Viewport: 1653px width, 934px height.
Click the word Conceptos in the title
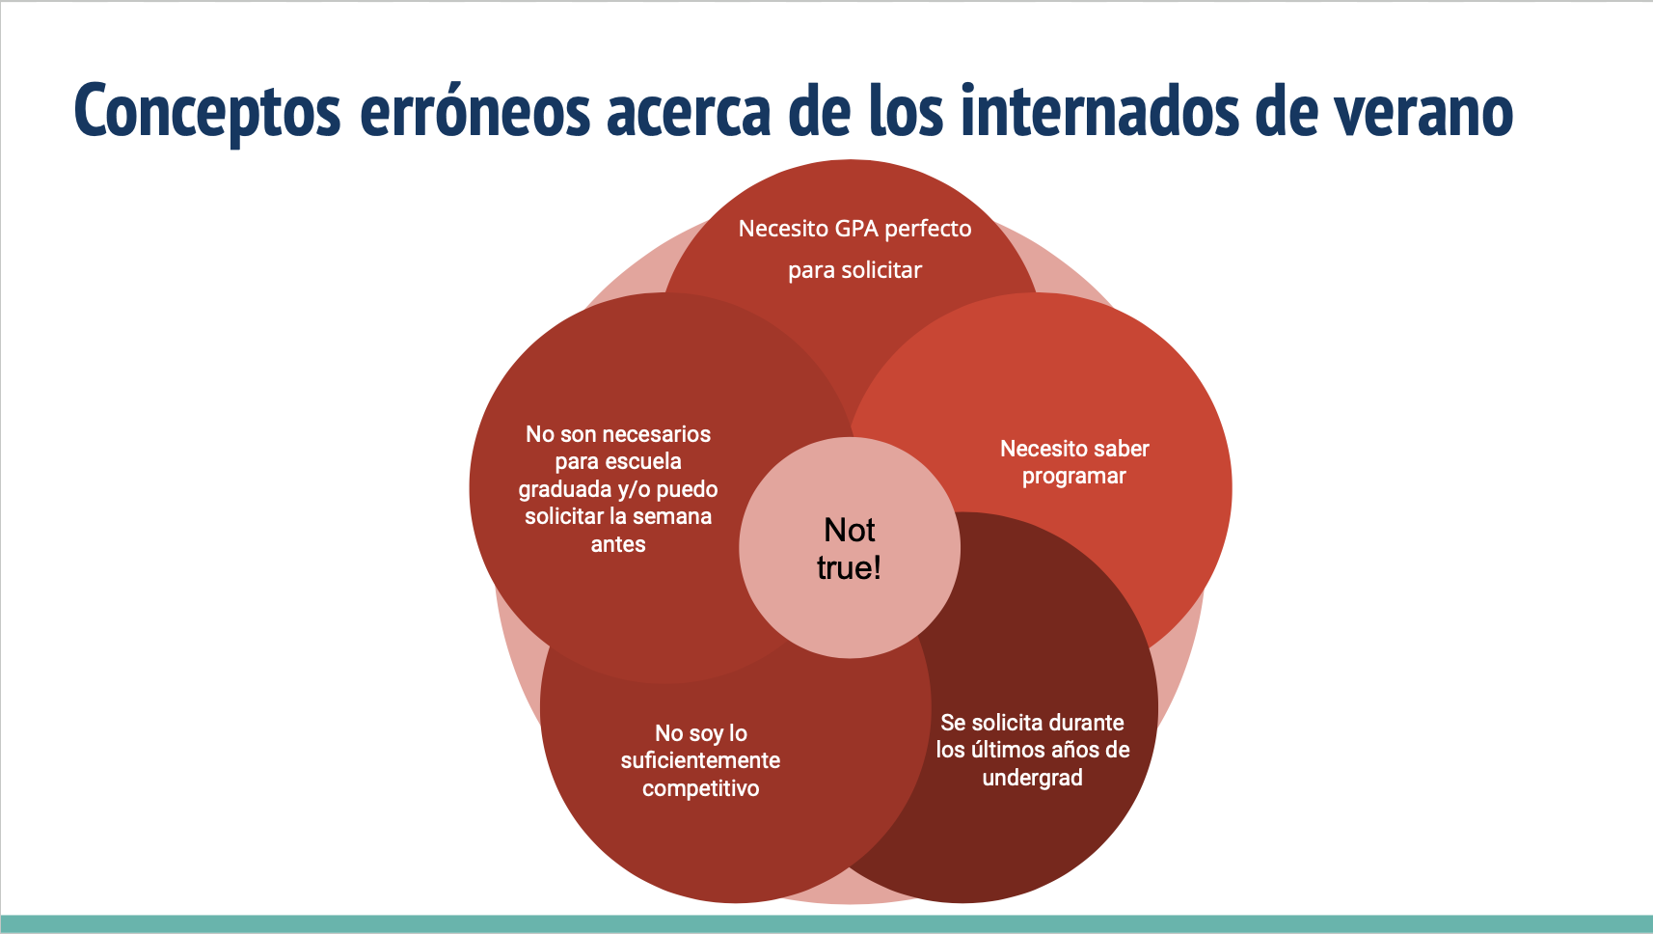tap(207, 112)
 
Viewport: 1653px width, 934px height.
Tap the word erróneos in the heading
tap(474, 112)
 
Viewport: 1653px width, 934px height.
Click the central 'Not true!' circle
tap(850, 548)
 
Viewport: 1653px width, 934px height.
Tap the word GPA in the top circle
tap(856, 229)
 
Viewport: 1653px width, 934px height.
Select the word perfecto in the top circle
tap(928, 229)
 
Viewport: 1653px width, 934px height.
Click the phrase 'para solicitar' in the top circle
tap(854, 270)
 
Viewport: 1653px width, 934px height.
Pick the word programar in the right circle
tap(1073, 477)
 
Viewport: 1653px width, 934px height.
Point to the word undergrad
tap(1032, 778)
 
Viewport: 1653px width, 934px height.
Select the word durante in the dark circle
tap(1087, 723)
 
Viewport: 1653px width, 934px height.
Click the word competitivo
tap(700, 788)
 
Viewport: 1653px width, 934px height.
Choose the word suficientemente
tap(700, 760)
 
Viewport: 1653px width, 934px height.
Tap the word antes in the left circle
tap(618, 544)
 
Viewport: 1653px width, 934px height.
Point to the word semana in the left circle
tap(672, 516)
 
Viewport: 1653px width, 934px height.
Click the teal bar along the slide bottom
tap(826, 923)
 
